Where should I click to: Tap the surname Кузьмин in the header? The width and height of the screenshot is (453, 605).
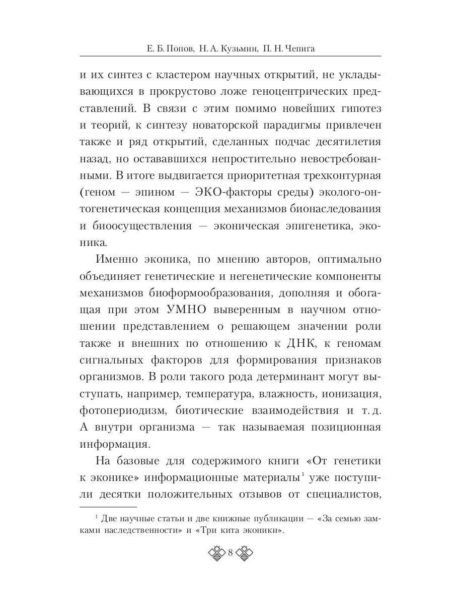(x=237, y=48)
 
